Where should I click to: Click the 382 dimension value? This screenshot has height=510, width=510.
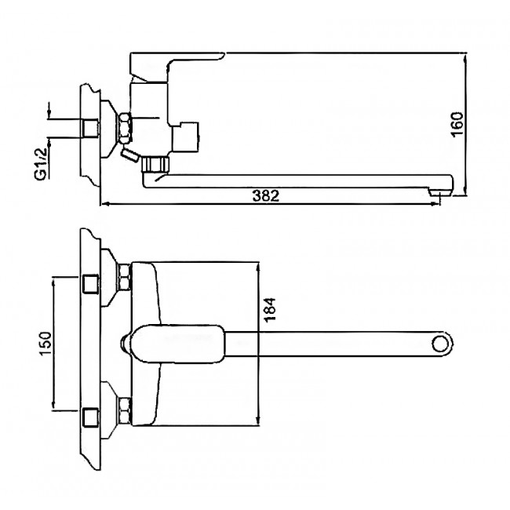(266, 196)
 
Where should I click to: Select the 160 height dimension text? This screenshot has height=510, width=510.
(457, 125)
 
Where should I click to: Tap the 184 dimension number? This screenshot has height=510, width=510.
(270, 310)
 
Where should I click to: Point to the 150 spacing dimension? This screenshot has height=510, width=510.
(46, 344)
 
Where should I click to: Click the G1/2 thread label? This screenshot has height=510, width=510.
(40, 164)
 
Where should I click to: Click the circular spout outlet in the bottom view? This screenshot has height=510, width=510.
(440, 344)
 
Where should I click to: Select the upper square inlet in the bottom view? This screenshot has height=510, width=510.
(91, 284)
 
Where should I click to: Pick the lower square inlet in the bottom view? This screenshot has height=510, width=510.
(91, 417)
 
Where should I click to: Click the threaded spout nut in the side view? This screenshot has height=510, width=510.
(156, 164)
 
